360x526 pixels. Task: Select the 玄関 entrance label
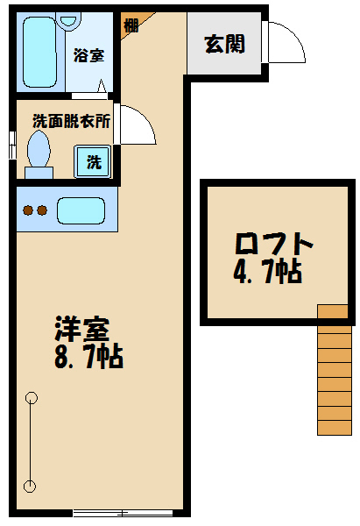225,44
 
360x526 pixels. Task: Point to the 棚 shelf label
131,25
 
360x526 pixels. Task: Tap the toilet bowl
39,151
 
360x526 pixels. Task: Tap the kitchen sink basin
81,210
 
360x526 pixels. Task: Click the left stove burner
27,210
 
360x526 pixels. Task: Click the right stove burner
41,210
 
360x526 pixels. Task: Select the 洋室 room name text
81,330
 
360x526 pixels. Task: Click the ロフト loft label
273,242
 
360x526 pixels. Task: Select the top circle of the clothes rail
32,397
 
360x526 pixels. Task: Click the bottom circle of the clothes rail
32,485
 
